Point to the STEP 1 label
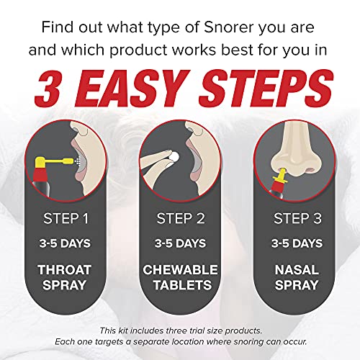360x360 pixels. (65, 217)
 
